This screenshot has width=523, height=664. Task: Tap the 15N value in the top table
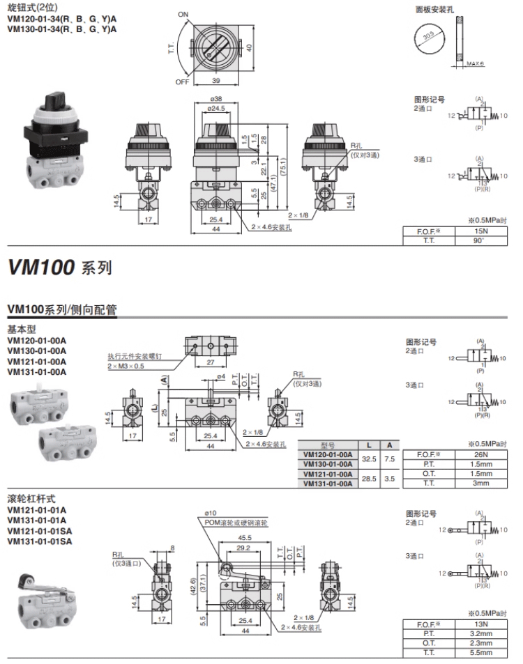click(x=477, y=231)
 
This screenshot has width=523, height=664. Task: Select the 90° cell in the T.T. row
click(x=477, y=240)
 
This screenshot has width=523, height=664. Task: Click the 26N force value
click(x=477, y=454)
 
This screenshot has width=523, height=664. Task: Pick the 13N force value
click(x=477, y=625)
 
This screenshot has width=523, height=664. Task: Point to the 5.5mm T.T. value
click(x=477, y=652)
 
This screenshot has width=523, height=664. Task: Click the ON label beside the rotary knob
click(x=183, y=14)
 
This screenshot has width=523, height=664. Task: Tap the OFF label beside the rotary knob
click(x=183, y=81)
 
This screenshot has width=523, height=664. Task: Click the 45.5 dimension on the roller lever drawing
click(x=245, y=538)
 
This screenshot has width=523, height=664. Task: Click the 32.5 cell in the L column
click(x=369, y=458)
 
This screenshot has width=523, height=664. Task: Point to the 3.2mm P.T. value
click(x=477, y=634)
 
